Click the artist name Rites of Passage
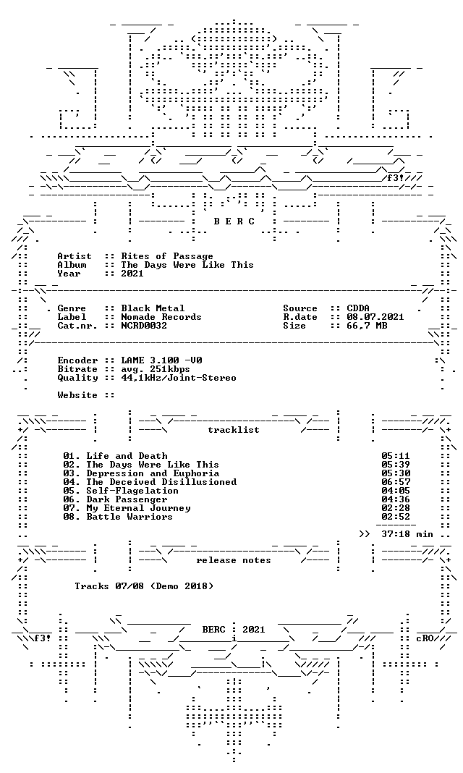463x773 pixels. click(x=167, y=256)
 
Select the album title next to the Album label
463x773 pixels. click(x=187, y=265)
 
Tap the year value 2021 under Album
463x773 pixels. click(x=132, y=274)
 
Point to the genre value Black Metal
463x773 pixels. click(x=153, y=308)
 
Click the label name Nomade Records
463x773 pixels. click(x=161, y=317)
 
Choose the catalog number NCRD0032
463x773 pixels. click(x=144, y=326)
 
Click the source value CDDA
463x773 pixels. click(x=358, y=308)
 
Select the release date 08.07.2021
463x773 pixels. click(x=375, y=317)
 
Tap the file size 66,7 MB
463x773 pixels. click(x=367, y=326)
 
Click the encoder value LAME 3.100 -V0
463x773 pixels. click(x=161, y=360)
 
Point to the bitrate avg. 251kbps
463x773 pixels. click(x=155, y=369)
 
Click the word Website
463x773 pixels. click(x=77, y=395)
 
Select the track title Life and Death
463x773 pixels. click(x=127, y=456)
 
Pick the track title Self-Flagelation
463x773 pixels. click(x=132, y=491)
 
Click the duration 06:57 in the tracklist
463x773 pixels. click(x=396, y=482)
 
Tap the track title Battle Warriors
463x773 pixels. click(x=129, y=517)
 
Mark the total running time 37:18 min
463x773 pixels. click(x=407, y=534)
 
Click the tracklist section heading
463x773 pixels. click(x=234, y=430)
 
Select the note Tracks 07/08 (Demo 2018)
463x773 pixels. click(x=144, y=586)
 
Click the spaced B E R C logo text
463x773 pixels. click(x=234, y=221)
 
